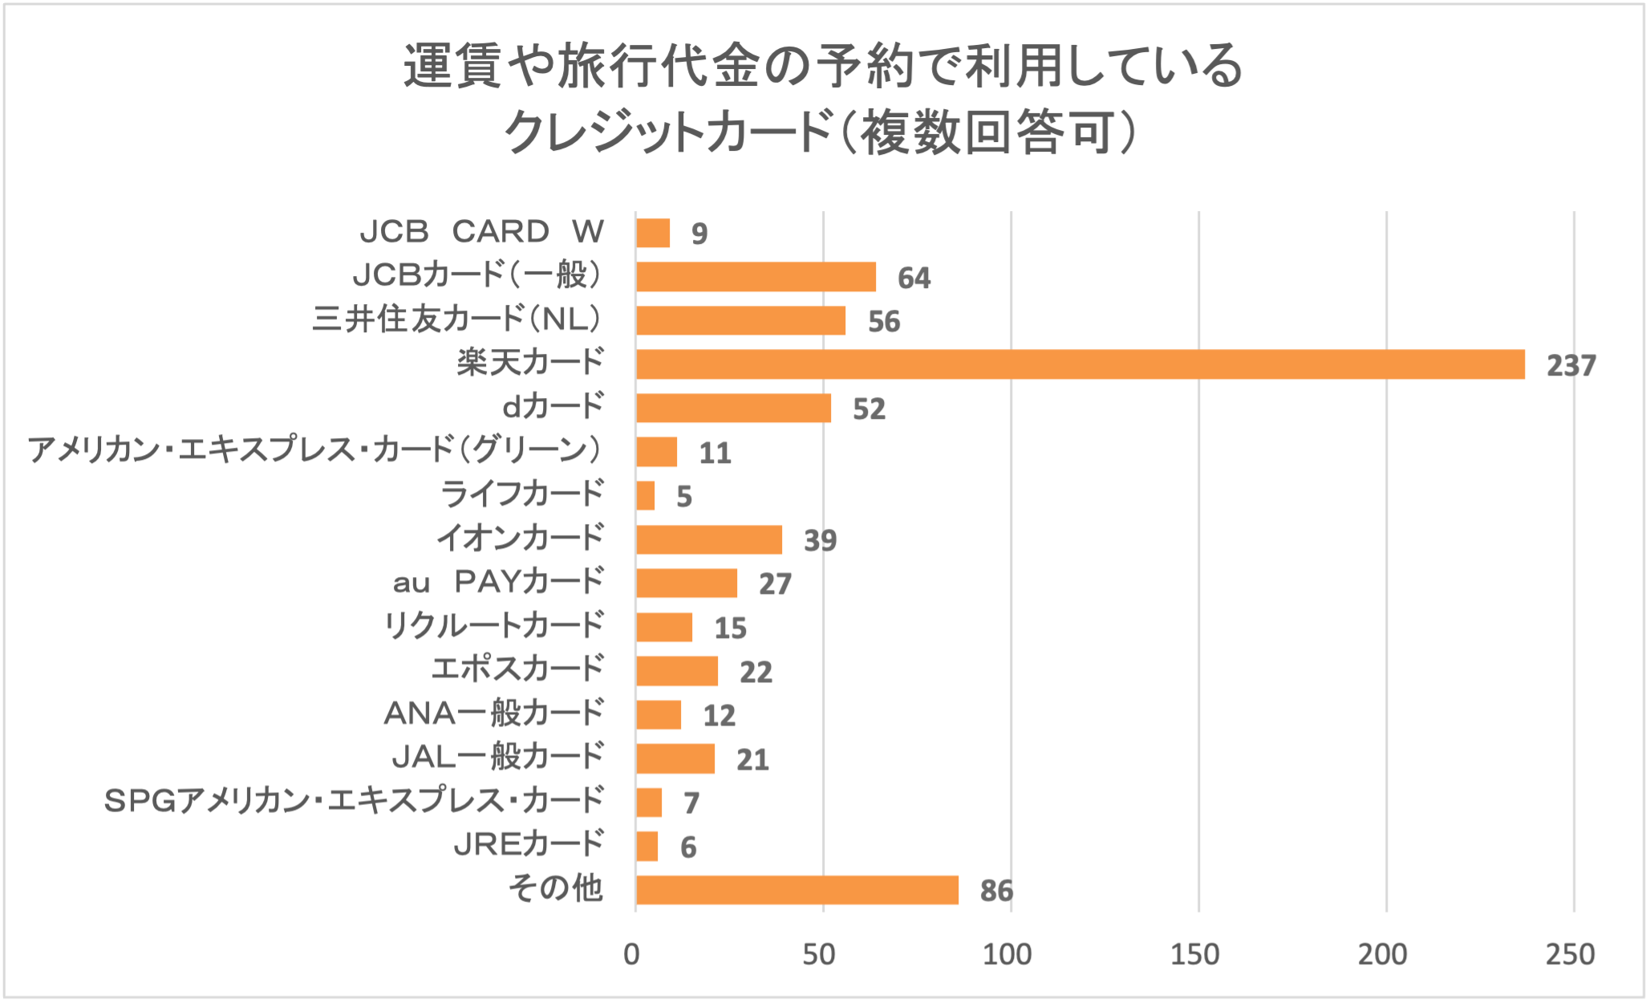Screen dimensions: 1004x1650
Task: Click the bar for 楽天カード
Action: pyautogui.click(x=1080, y=364)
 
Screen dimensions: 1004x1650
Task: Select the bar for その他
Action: pyautogui.click(x=797, y=890)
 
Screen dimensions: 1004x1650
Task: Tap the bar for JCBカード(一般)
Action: pyautogui.click(x=756, y=277)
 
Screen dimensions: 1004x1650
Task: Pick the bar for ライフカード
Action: pyautogui.click(x=645, y=496)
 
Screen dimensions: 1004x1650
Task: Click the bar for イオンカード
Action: pyautogui.click(x=709, y=539)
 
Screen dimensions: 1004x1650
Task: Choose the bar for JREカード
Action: pyautogui.click(x=647, y=847)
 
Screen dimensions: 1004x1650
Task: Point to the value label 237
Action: pyautogui.click(x=1571, y=366)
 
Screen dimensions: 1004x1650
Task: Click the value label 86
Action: pyautogui.click(x=996, y=891)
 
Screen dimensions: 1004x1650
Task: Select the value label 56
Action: pyautogui.click(x=884, y=322)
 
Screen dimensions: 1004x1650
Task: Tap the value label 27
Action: pyautogui.click(x=775, y=584)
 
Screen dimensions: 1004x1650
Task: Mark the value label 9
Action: pyautogui.click(x=699, y=234)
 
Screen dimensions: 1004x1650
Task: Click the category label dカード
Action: pyautogui.click(x=553, y=407)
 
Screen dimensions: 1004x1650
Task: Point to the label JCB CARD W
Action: pyautogui.click(x=481, y=232)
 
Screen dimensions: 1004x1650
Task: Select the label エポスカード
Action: pyautogui.click(x=517, y=669)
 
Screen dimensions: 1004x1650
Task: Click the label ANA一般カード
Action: pyautogui.click(x=493, y=713)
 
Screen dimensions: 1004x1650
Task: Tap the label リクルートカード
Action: pyautogui.click(x=493, y=626)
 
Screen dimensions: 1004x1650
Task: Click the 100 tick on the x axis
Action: pyautogui.click(x=1007, y=955)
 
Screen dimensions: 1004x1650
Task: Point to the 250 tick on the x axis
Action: pyautogui.click(x=1570, y=955)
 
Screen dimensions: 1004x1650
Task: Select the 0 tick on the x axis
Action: pyautogui.click(x=632, y=955)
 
